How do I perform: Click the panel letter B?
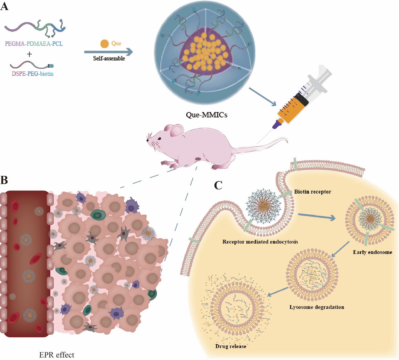click(x=4, y=180)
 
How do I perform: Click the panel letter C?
click(x=218, y=185)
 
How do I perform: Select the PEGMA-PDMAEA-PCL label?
click(x=34, y=44)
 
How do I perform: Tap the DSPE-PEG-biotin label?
click(x=33, y=74)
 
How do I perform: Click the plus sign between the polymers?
click(x=29, y=54)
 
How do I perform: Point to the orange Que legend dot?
click(x=104, y=44)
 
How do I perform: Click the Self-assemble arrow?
click(x=108, y=52)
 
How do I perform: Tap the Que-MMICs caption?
click(x=207, y=115)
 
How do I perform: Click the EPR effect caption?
click(x=57, y=355)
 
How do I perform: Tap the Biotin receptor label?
click(x=313, y=192)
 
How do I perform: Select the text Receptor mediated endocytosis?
click(x=260, y=242)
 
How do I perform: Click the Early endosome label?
click(x=372, y=252)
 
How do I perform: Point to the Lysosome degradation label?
click(x=317, y=307)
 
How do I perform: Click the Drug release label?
click(x=230, y=346)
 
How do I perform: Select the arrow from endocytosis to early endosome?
click(x=316, y=217)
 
